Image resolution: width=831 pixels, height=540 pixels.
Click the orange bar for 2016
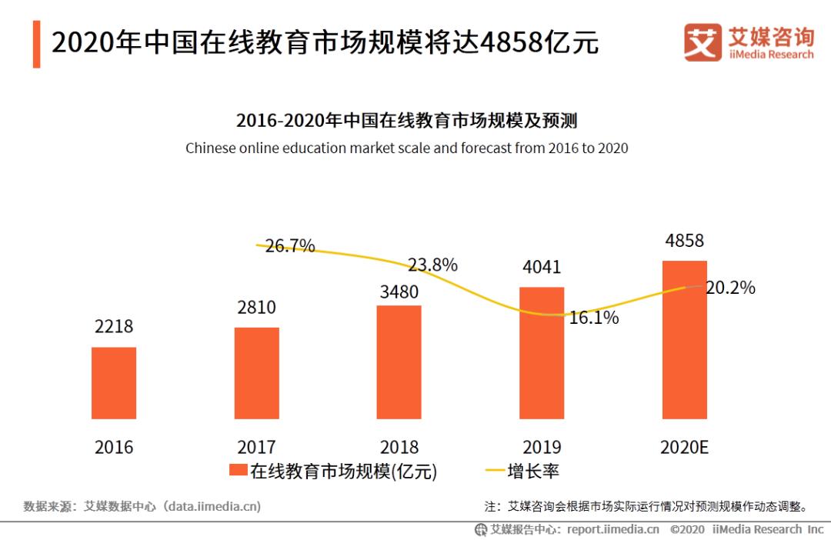coord(114,383)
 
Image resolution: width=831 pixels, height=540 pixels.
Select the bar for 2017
coord(257,373)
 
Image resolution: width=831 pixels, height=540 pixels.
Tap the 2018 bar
coord(399,362)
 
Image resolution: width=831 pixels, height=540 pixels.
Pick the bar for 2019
coord(542,353)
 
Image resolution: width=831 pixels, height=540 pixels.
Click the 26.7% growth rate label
coord(290,246)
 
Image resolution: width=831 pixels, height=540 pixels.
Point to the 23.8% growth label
coord(432,265)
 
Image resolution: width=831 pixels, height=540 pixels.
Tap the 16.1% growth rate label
coord(594,318)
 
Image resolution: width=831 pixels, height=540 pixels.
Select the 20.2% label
coord(730,288)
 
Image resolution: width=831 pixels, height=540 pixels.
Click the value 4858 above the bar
coord(684,241)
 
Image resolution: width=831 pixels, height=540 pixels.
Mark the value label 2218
coord(114,327)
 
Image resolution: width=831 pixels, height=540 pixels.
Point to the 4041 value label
coord(542,268)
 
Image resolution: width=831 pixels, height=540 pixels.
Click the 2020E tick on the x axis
coord(684,447)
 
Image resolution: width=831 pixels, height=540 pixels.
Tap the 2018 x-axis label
coord(399,447)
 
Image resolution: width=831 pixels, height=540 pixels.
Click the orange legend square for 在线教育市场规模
coord(238,471)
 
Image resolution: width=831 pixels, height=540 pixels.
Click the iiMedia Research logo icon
coord(703,42)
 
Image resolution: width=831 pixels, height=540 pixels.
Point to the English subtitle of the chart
coord(406,148)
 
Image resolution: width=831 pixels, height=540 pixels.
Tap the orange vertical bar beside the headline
coord(36,45)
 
